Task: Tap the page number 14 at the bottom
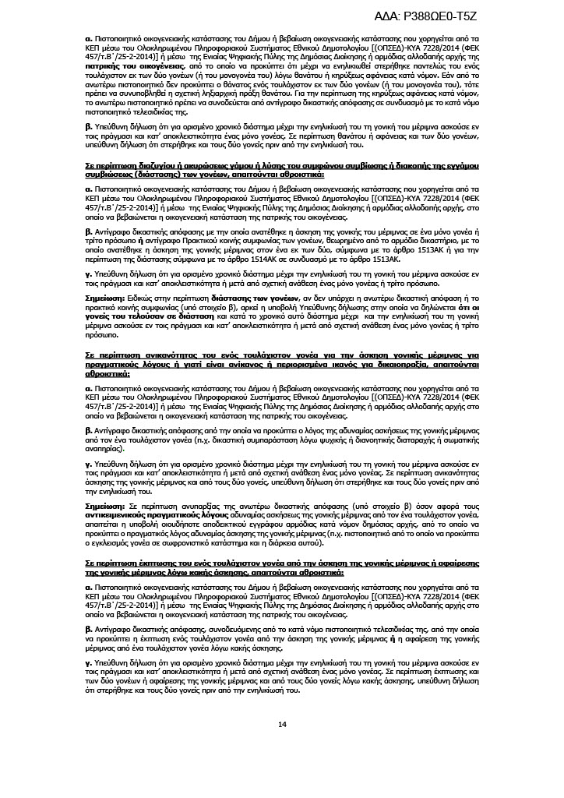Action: click(282, 725)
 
